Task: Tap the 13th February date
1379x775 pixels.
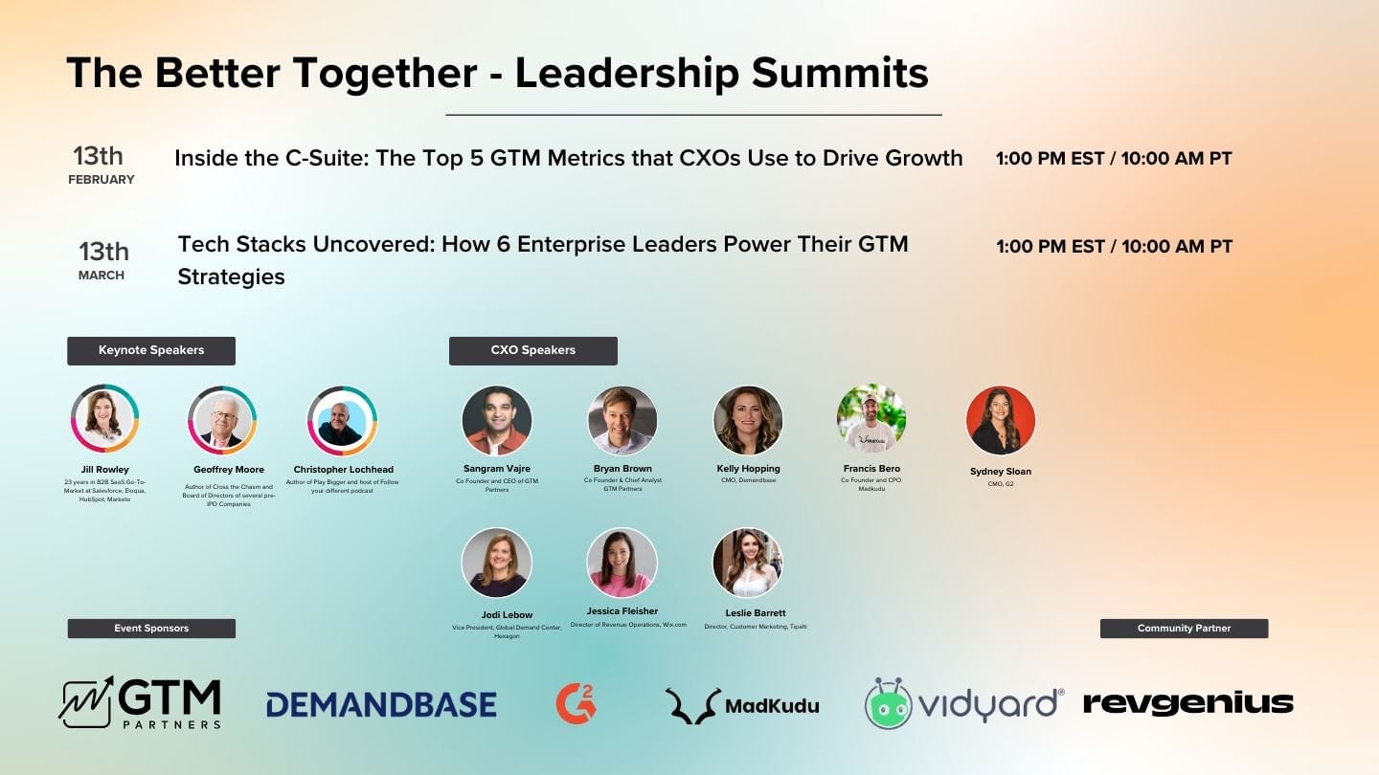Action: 100,165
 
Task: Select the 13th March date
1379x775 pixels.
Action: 102,259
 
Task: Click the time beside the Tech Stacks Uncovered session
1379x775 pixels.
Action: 1114,247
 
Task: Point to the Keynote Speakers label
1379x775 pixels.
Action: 151,350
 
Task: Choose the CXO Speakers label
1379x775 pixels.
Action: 532,350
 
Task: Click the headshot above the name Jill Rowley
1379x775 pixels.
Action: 105,419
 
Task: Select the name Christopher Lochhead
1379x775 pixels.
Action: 342,470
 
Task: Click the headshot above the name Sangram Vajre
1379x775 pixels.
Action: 496,420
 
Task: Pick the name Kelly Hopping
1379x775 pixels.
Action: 748,469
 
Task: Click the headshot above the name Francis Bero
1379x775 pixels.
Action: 871,419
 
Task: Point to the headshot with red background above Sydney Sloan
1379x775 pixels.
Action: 1001,420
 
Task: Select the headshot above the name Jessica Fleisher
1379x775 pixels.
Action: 622,563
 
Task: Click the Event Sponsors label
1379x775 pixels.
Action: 151,629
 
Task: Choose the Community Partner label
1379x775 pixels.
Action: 1184,629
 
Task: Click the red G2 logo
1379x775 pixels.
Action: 576,703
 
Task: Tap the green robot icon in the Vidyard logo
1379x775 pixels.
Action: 888,704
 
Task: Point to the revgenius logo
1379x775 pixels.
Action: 1187,703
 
